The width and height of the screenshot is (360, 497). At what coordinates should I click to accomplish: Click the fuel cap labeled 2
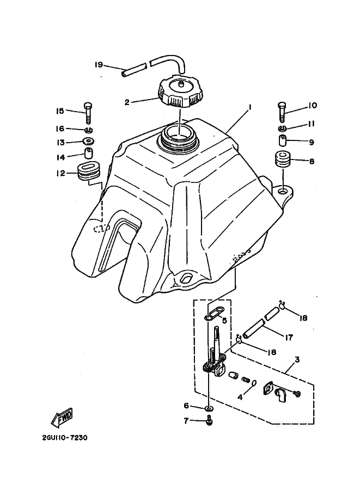pos(181,94)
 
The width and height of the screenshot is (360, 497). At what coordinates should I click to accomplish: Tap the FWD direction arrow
pos(62,416)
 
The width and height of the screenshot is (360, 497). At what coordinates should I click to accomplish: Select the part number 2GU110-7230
pos(64,437)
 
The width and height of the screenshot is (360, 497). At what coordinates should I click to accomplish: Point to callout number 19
pos(99,65)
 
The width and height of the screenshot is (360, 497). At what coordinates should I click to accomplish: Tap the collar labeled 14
pos(88,155)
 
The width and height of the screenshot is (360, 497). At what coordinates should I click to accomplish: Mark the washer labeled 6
pos(209,408)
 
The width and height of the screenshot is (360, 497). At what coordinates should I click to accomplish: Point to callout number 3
pos(297,360)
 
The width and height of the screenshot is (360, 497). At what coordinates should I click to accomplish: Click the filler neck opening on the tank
pos(179,136)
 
